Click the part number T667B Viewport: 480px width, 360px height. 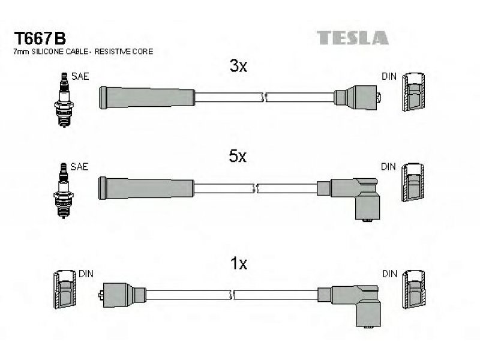click(x=40, y=38)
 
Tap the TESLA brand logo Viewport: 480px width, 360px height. click(x=352, y=38)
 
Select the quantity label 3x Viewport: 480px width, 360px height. click(x=238, y=65)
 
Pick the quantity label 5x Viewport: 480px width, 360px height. click(x=238, y=156)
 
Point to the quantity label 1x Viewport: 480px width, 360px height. click(x=238, y=263)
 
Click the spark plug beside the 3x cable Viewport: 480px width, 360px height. click(x=64, y=100)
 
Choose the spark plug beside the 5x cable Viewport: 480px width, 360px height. click(x=64, y=190)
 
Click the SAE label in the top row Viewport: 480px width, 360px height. click(x=80, y=76)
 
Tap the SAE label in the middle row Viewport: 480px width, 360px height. click(x=79, y=167)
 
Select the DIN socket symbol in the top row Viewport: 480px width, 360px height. click(x=413, y=92)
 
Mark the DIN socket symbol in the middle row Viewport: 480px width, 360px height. click(x=413, y=182)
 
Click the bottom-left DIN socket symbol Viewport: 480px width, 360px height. click(x=65, y=290)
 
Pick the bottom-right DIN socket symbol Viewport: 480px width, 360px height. click(x=413, y=290)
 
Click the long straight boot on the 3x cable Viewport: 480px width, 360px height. click(x=146, y=98)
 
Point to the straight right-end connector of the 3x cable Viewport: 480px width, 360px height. click(x=357, y=98)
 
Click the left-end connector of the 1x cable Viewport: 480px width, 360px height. click(x=122, y=295)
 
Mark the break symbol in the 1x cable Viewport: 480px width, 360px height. click(x=232, y=295)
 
